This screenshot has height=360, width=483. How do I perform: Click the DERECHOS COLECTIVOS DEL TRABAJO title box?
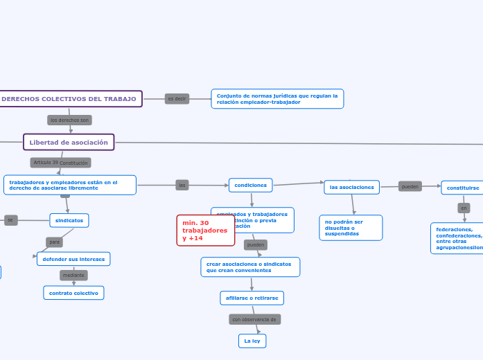pyautogui.click(x=69, y=99)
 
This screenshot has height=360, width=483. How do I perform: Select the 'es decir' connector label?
pyautogui.click(x=177, y=99)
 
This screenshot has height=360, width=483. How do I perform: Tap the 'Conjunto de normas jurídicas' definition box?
pyautogui.click(x=277, y=99)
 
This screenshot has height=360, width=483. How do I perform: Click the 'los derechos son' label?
pyautogui.click(x=69, y=120)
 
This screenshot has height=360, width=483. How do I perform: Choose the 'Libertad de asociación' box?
pyautogui.click(x=69, y=142)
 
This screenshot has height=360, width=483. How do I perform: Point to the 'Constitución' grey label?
pyautogui.click(x=74, y=163)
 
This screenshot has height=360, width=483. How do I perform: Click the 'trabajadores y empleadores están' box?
pyautogui.click(x=69, y=185)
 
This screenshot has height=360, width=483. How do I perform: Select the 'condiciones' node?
pyautogui.click(x=250, y=185)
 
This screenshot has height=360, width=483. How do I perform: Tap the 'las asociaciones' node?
pyautogui.click(x=351, y=187)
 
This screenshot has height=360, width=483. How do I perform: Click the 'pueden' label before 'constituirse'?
pyautogui.click(x=410, y=186)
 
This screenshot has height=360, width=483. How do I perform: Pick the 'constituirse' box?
pyautogui.click(x=462, y=188)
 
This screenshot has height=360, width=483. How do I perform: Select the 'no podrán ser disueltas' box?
pyautogui.click(x=351, y=228)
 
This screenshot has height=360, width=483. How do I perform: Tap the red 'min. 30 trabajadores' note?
pyautogui.click(x=205, y=231)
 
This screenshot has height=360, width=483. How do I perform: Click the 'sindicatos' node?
pyautogui.click(x=69, y=220)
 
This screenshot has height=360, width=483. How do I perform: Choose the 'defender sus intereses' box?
pyautogui.click(x=73, y=259)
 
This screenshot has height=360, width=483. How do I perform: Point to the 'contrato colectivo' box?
pyautogui.click(x=73, y=293)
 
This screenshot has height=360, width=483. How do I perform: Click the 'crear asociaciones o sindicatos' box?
pyautogui.click(x=250, y=267)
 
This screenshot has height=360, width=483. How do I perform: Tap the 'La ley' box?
pyautogui.click(x=252, y=341)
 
